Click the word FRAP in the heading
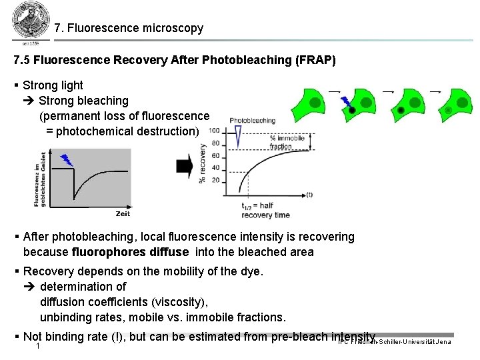(315, 60)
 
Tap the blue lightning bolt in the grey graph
(67, 160)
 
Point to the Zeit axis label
(123, 213)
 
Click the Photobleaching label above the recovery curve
(252, 121)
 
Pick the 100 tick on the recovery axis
(214, 130)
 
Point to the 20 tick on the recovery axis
(215, 180)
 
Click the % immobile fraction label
(287, 142)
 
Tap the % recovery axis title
(202, 162)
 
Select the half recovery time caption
(266, 210)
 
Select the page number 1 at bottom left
(39, 347)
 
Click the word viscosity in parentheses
(181, 301)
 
